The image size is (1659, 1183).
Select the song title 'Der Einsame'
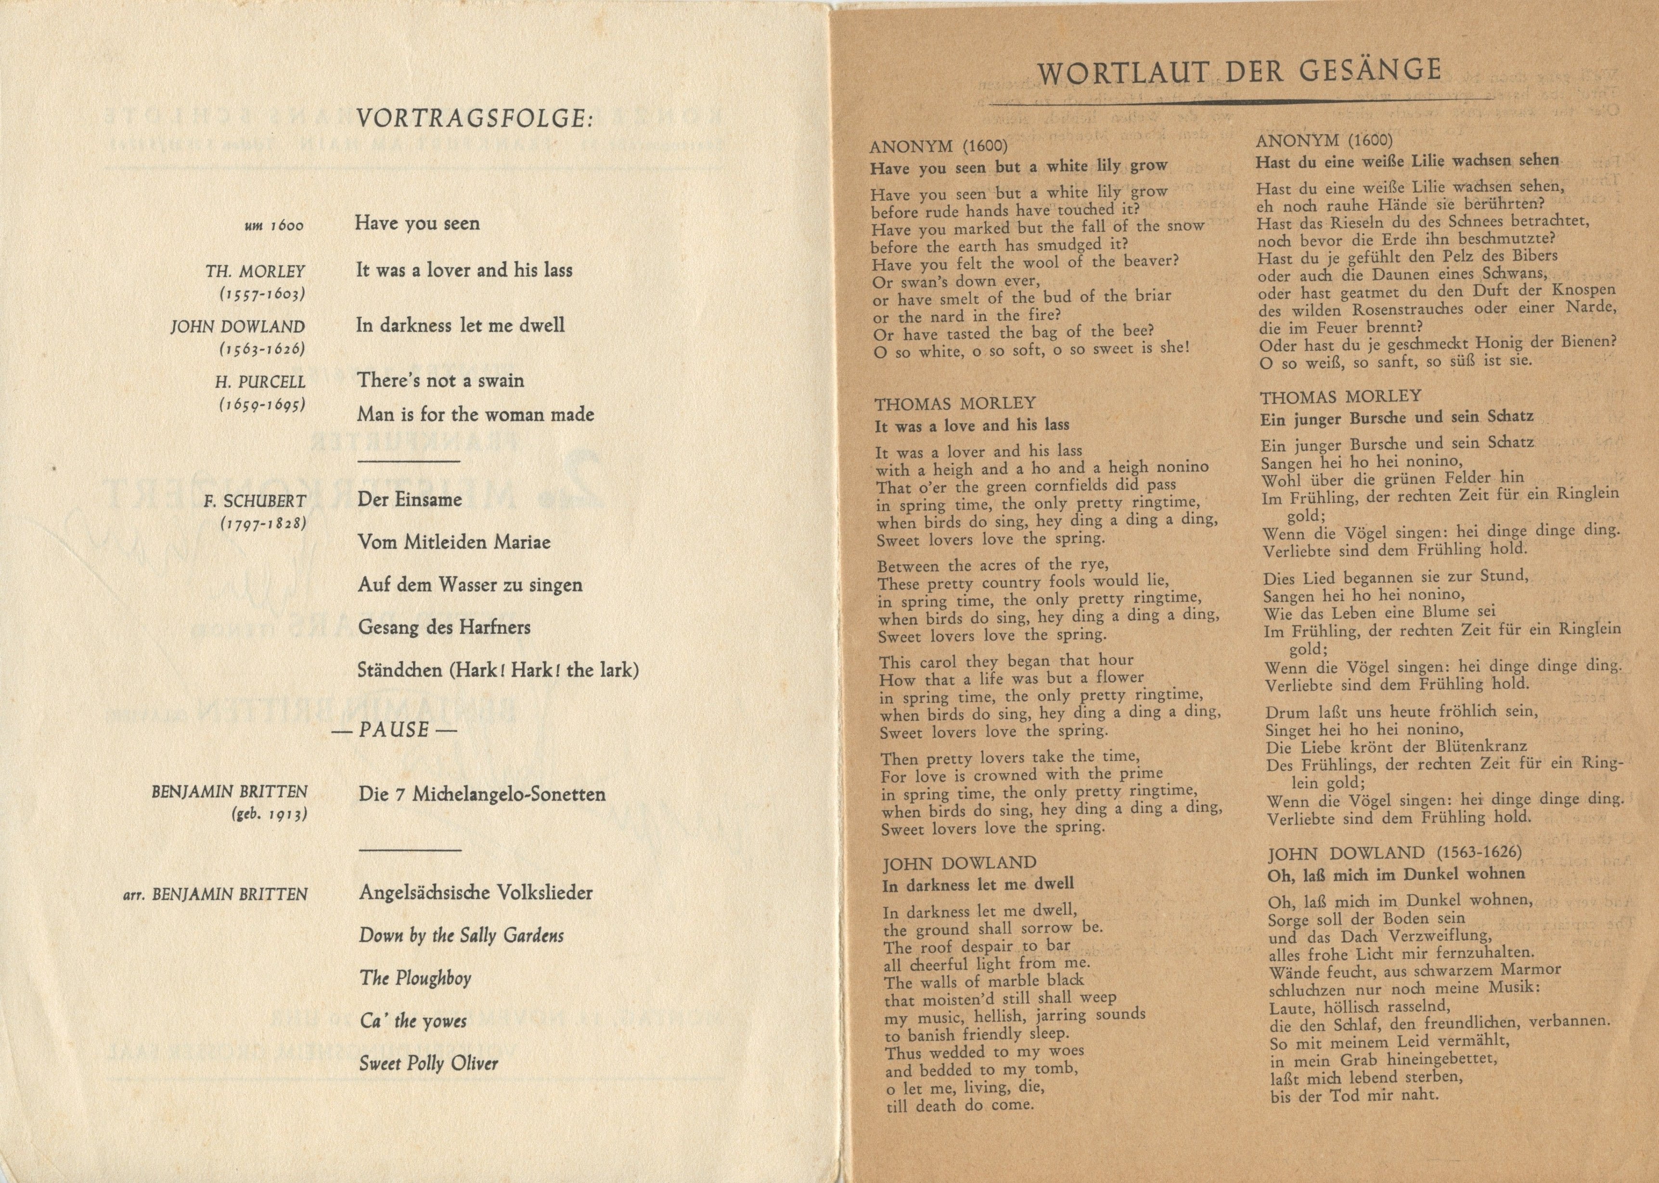pyautogui.click(x=409, y=500)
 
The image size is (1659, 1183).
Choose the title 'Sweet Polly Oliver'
pyautogui.click(x=429, y=1064)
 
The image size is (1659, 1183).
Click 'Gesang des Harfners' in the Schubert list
pyautogui.click(x=444, y=627)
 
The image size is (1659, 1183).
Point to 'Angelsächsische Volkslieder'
pyautogui.click(x=476, y=892)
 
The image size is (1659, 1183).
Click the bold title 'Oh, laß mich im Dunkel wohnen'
pyautogui.click(x=1396, y=874)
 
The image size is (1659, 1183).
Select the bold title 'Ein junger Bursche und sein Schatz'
pyautogui.click(x=1396, y=417)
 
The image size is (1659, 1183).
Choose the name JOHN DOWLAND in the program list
pyautogui.click(x=238, y=327)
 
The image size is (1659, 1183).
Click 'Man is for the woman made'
pyautogui.click(x=475, y=415)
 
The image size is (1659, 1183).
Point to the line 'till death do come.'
pyautogui.click(x=959, y=1105)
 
